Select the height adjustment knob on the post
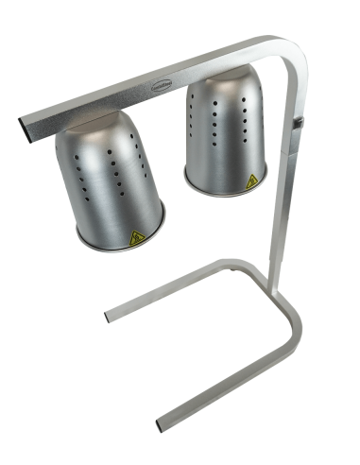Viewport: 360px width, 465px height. (300, 123)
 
